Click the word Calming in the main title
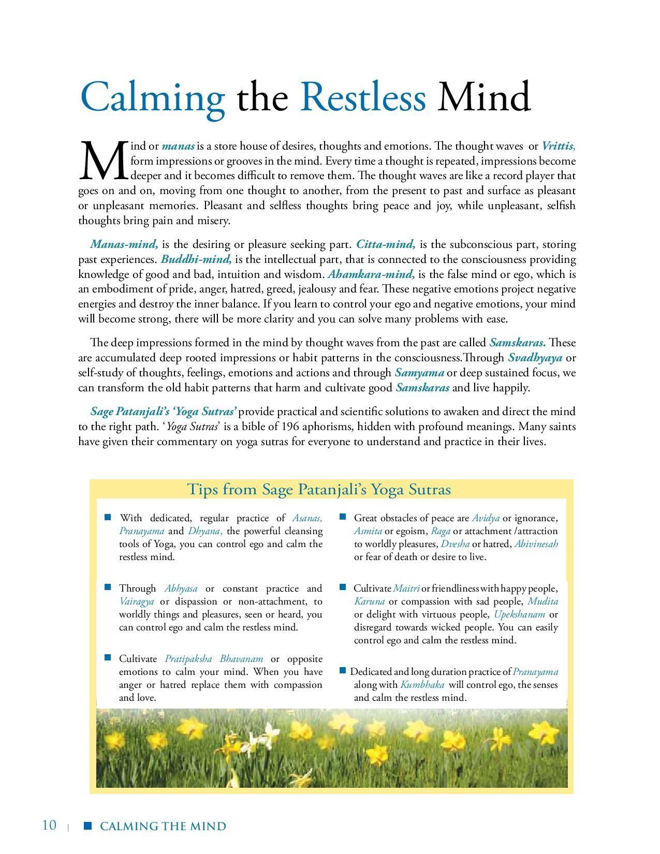click(x=153, y=97)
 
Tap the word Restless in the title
click(x=362, y=96)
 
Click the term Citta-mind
click(x=386, y=244)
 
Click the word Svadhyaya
click(x=535, y=358)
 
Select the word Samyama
click(x=419, y=373)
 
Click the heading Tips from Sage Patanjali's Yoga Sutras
click(x=318, y=490)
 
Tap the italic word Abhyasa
click(x=181, y=588)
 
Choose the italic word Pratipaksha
click(x=188, y=659)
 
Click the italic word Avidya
click(x=486, y=518)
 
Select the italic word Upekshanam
click(x=519, y=614)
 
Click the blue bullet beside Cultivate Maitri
click(x=343, y=587)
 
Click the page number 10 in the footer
click(x=49, y=825)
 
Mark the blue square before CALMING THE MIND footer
click(x=87, y=826)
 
